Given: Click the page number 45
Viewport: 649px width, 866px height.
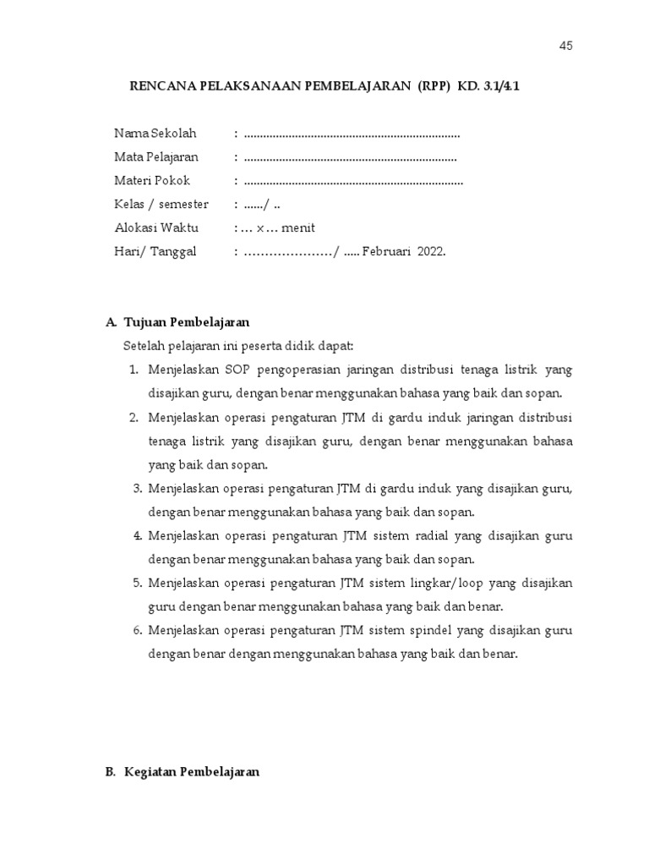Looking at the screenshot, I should click(x=565, y=46).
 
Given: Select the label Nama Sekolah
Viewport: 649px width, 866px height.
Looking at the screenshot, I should click(x=155, y=133).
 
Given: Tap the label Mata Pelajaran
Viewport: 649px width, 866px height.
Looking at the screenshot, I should click(x=156, y=156).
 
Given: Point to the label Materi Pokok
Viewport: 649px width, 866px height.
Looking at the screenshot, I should click(x=152, y=180).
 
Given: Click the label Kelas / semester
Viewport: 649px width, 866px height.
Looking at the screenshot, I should click(x=161, y=204).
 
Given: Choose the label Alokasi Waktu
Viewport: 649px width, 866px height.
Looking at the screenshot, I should click(x=155, y=227).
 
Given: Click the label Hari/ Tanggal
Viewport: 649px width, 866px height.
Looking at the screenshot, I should click(x=155, y=251).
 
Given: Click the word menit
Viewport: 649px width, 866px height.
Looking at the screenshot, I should click(x=298, y=227).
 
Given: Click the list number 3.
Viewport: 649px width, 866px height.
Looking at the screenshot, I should click(x=138, y=488).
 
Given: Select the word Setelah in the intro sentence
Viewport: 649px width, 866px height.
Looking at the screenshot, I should click(x=145, y=346).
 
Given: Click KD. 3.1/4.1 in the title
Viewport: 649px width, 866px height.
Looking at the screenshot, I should click(x=494, y=85).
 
